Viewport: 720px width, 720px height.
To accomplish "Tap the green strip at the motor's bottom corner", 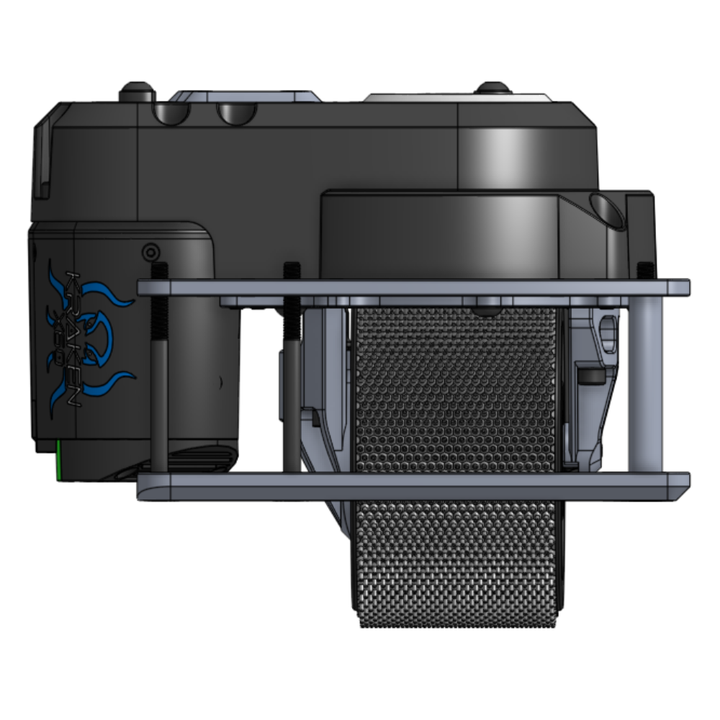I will click(57, 461).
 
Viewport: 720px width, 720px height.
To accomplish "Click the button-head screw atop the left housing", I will click(138, 92).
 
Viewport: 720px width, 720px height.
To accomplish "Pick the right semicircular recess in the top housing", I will click(237, 112).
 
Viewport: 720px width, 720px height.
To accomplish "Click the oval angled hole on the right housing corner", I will click(606, 208).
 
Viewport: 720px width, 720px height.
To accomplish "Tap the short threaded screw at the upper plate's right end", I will click(646, 271).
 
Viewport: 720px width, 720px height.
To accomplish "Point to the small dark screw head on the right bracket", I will click(593, 377).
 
